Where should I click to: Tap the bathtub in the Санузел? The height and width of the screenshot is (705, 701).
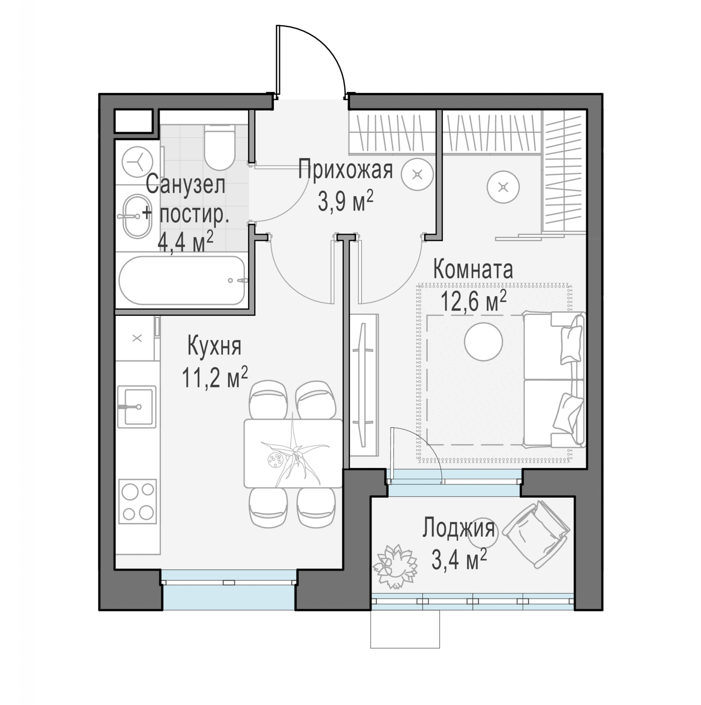[182, 281]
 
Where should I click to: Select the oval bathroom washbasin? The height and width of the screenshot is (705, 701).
[137, 216]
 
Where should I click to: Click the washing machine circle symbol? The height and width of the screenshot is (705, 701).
[137, 162]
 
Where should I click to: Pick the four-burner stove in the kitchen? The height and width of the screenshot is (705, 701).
[137, 501]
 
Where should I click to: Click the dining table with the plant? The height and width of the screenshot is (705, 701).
[293, 453]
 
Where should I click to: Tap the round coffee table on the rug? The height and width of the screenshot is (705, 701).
[484, 342]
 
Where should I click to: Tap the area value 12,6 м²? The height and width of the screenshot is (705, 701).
[473, 301]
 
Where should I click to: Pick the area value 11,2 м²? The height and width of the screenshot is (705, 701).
[215, 378]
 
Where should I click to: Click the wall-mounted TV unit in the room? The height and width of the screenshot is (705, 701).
[363, 385]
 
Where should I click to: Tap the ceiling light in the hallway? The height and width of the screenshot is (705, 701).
[417, 174]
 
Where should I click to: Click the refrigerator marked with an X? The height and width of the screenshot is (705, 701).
[137, 338]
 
